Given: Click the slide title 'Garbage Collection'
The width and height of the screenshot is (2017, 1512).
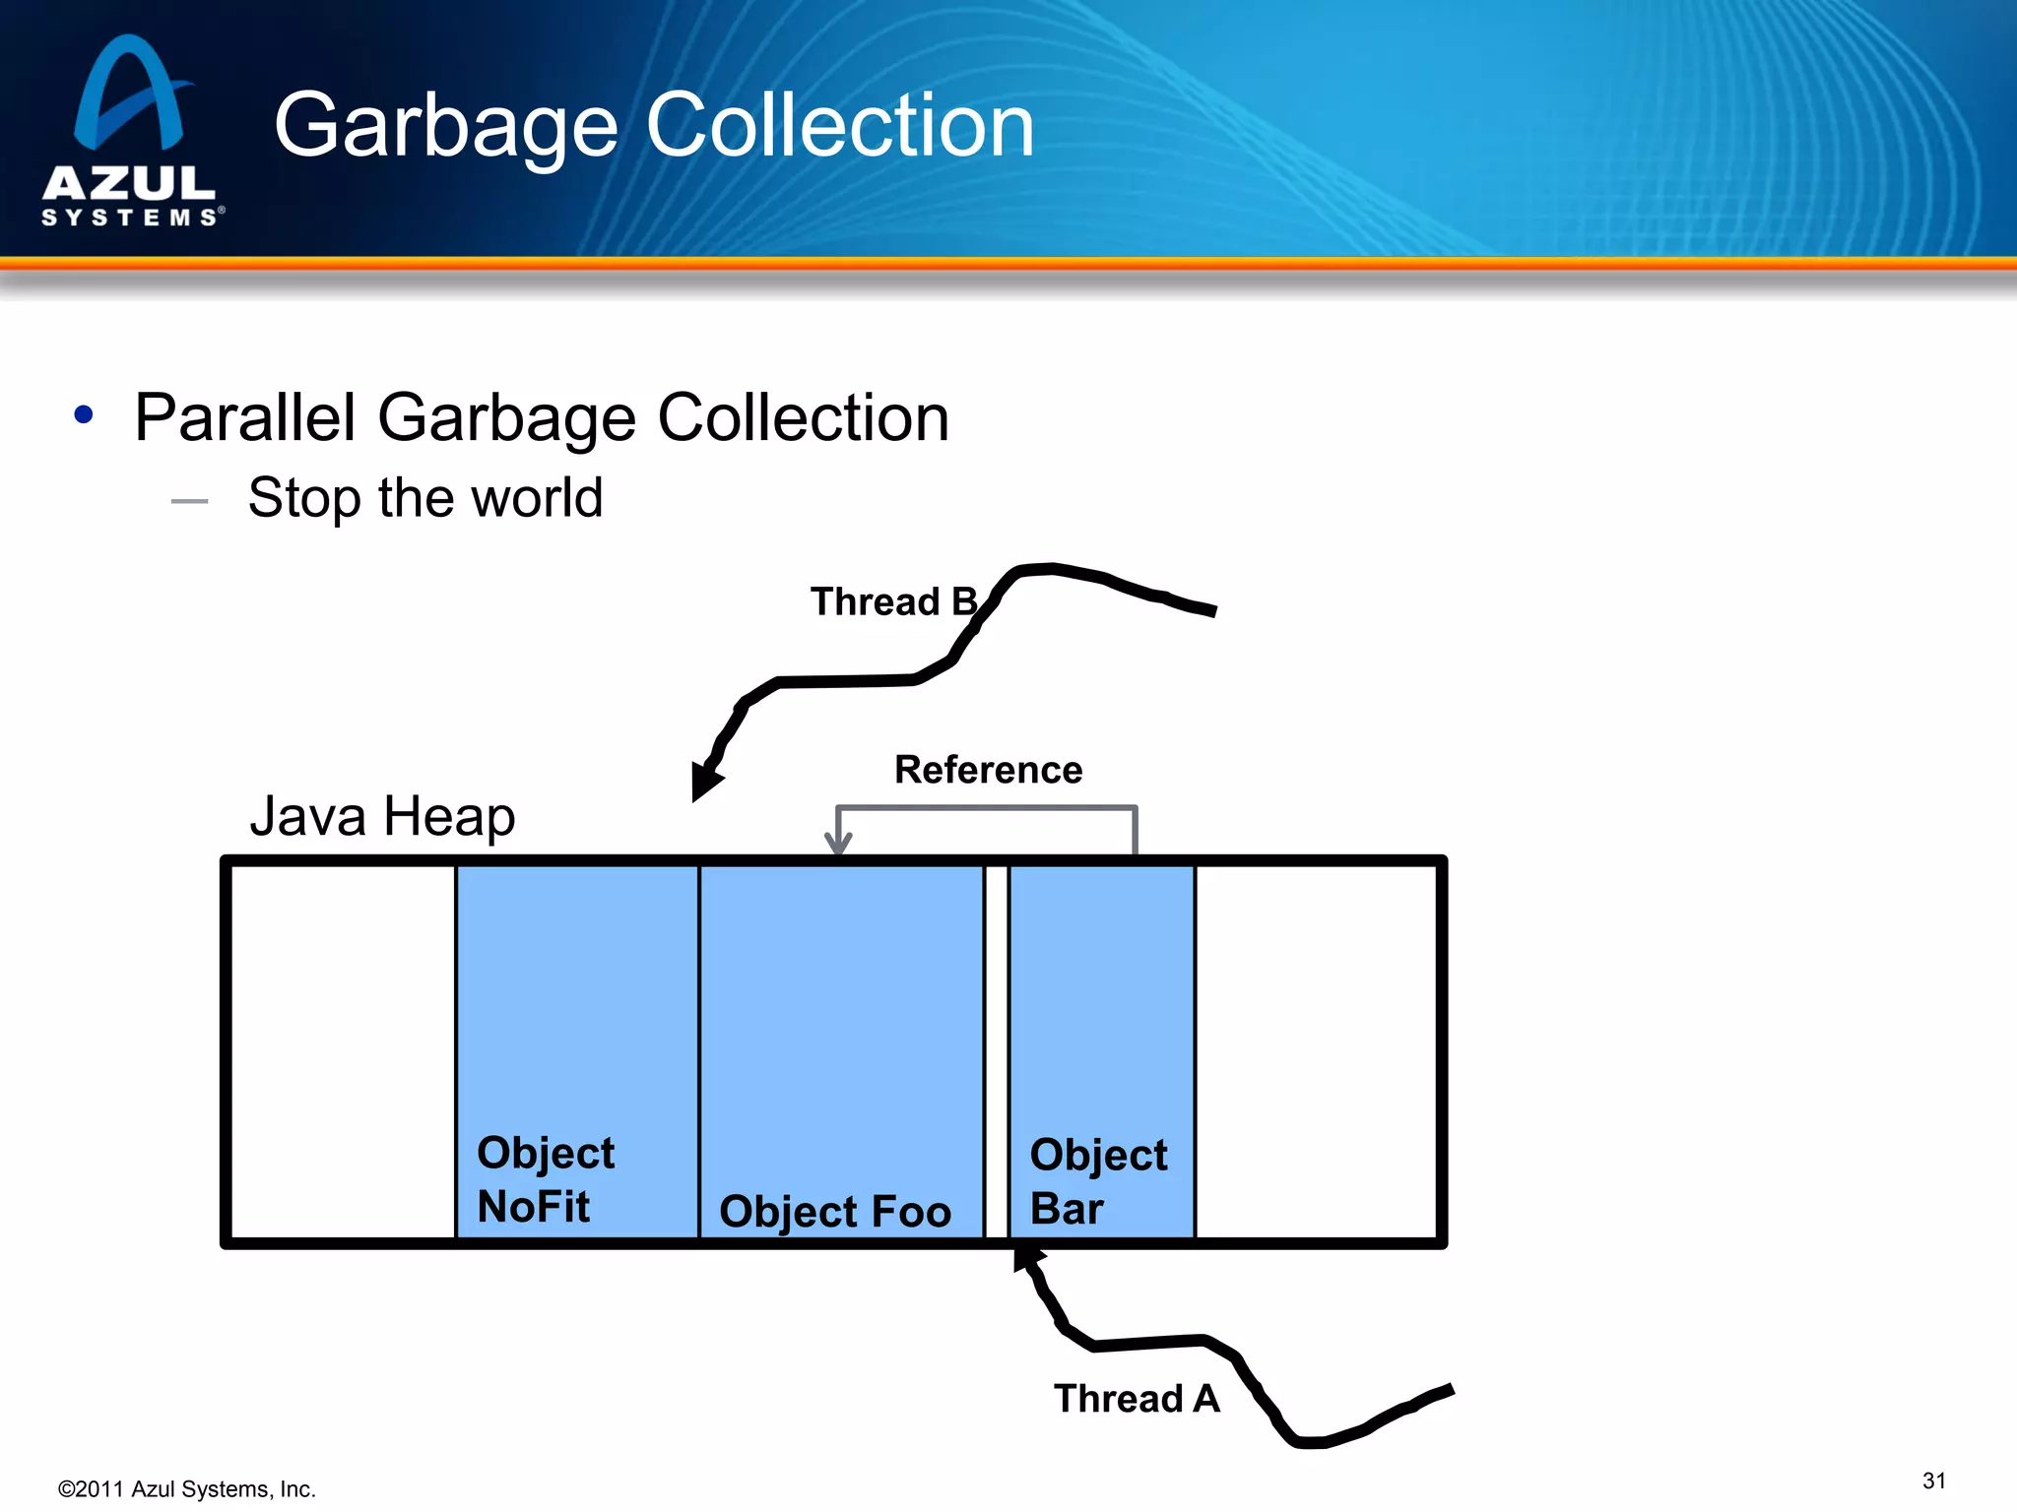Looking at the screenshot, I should point(654,125).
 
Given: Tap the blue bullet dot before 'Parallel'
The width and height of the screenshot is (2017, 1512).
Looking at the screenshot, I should point(84,415).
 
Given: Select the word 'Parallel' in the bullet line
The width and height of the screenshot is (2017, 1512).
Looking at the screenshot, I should point(244,417).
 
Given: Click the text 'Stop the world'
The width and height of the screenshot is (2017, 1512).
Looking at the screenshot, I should point(424,497).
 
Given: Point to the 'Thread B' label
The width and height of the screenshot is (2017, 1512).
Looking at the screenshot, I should point(892,601).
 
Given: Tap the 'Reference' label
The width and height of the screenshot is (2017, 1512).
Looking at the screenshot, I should point(988,769).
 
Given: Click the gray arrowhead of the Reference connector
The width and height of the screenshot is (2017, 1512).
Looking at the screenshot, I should point(838,843).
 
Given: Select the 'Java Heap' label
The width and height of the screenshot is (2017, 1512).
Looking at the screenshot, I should point(382,816).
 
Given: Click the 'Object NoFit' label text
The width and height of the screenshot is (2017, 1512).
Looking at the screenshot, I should point(546,1179).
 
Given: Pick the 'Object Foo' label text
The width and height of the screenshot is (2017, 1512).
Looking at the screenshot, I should point(835,1211).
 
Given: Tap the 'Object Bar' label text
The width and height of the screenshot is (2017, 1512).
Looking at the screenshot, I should point(1097,1181).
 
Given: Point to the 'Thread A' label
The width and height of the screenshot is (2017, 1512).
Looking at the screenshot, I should point(1137,1398).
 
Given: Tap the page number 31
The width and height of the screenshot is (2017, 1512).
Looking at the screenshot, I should point(1933,1480).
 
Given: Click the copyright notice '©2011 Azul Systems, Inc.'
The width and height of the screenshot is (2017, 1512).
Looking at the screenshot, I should point(187,1489).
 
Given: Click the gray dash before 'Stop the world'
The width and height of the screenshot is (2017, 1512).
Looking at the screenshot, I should point(189,501).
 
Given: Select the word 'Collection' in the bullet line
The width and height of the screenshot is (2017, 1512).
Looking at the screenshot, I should point(803,417).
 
